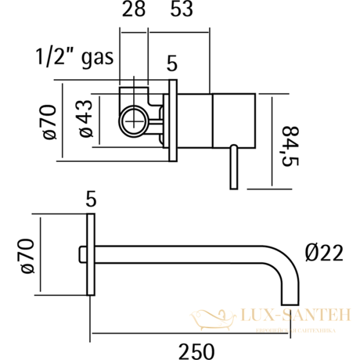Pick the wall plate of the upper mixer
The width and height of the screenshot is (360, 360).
(172, 120)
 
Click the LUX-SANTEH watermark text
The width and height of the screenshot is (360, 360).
(288, 314)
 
